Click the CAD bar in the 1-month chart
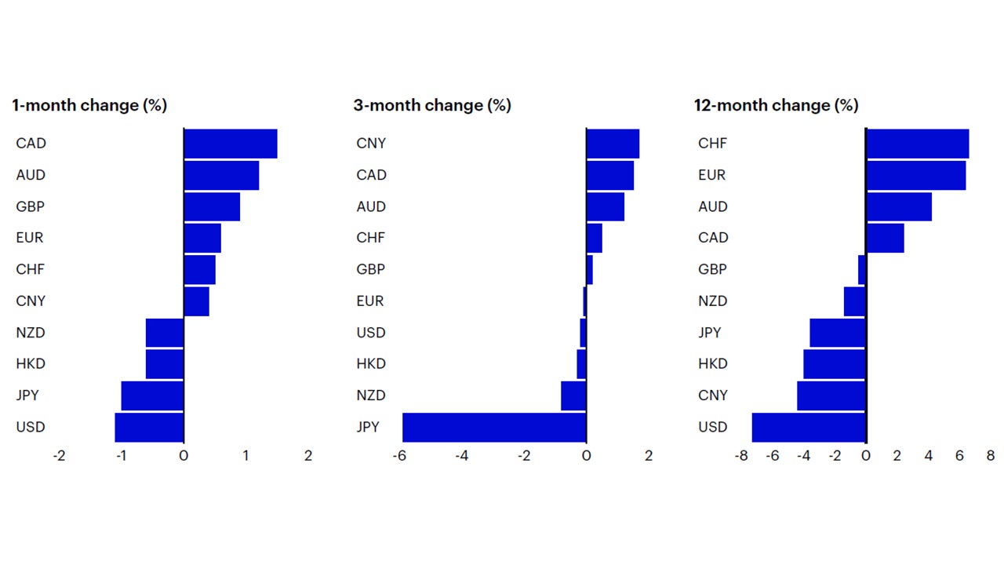[x=230, y=144]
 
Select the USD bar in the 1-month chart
[x=149, y=427]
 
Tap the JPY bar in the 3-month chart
[x=494, y=427]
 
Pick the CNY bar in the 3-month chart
[x=613, y=144]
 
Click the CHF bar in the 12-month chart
[x=917, y=144]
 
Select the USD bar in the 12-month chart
[x=809, y=427]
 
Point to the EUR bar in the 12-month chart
[x=915, y=175]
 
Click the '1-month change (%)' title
[x=89, y=105]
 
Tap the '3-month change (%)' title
[x=432, y=105]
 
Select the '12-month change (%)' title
[x=776, y=105]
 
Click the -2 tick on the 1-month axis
[x=59, y=456]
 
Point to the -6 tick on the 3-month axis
[x=399, y=456]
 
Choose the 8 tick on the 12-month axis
[x=990, y=456]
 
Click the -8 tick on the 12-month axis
[x=740, y=456]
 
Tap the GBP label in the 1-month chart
[x=31, y=206]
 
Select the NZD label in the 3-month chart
[x=371, y=395]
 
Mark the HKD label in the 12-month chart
[x=712, y=364]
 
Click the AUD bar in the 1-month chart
[x=221, y=175]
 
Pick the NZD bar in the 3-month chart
[x=573, y=395]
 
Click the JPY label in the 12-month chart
[x=710, y=333]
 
